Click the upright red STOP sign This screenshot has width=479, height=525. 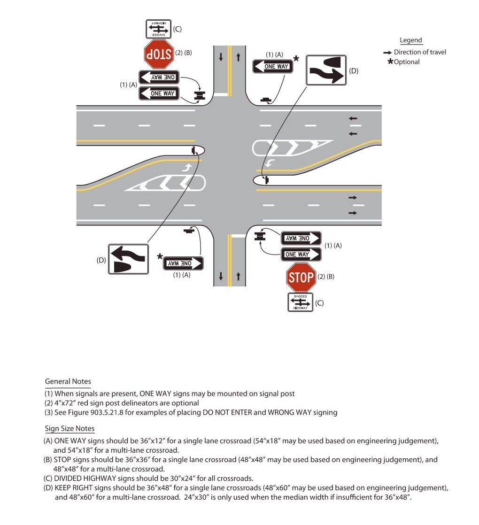(301, 277)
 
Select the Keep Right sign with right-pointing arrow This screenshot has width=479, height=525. (326, 70)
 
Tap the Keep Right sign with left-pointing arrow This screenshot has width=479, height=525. (128, 259)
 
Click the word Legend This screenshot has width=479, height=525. (411, 40)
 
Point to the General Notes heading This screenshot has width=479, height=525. (68, 381)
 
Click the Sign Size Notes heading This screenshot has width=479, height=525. (70, 428)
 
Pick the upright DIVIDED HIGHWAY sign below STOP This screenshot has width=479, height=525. (300, 302)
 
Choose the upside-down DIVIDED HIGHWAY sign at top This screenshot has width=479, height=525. (158, 29)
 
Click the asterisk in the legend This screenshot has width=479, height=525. (390, 62)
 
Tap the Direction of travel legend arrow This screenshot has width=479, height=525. (387, 52)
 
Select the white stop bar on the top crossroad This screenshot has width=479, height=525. (221, 94)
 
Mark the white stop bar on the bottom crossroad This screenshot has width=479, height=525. (239, 235)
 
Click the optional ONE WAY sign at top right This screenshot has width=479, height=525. (273, 67)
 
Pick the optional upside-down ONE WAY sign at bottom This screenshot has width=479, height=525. (183, 263)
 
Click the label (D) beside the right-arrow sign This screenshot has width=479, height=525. (354, 71)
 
